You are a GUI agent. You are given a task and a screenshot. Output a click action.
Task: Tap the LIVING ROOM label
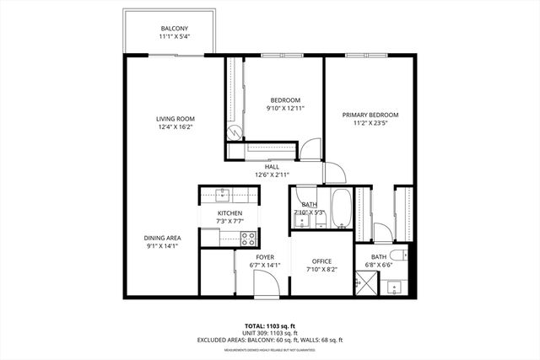point(175,119)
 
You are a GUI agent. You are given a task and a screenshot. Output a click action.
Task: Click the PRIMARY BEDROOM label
point(370,115)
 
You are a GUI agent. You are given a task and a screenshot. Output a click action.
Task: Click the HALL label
point(272,167)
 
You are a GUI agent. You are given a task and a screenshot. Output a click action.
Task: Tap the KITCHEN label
point(229,213)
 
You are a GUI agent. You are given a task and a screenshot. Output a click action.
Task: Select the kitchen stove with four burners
point(248,237)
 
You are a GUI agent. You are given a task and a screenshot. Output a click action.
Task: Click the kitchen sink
point(223,196)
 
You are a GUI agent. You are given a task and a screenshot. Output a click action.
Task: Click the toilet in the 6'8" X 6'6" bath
point(403,253)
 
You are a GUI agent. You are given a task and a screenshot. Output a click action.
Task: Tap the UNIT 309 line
point(269,333)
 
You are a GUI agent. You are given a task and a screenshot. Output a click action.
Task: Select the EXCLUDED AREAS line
point(269,340)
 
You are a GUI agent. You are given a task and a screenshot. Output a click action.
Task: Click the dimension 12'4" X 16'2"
point(175,127)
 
